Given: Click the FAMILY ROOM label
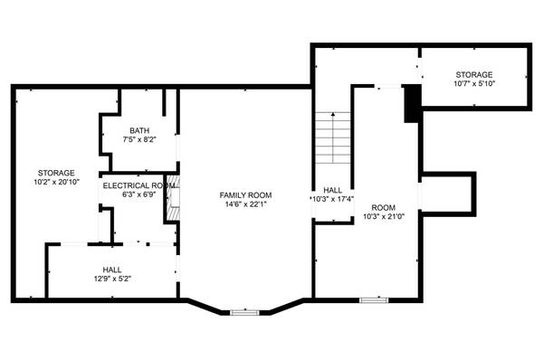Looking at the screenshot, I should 246,194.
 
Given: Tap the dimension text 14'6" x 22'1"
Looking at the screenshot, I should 246,204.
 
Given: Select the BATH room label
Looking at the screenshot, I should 139,130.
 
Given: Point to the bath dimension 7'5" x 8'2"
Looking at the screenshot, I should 139,139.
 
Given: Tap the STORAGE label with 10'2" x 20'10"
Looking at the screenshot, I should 56,172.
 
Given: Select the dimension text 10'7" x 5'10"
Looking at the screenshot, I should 473,84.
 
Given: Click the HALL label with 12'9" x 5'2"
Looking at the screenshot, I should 112,270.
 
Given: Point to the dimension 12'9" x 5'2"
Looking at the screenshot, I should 112,279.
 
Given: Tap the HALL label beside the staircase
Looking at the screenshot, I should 331,190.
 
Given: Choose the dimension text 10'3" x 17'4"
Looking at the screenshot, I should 332,199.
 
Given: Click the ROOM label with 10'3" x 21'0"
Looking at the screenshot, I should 384,206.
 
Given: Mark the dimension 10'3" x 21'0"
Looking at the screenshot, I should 384,215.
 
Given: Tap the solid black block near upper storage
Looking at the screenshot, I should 412,102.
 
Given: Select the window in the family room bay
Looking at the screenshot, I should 243,312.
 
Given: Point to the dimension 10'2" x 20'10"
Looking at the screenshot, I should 56,182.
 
